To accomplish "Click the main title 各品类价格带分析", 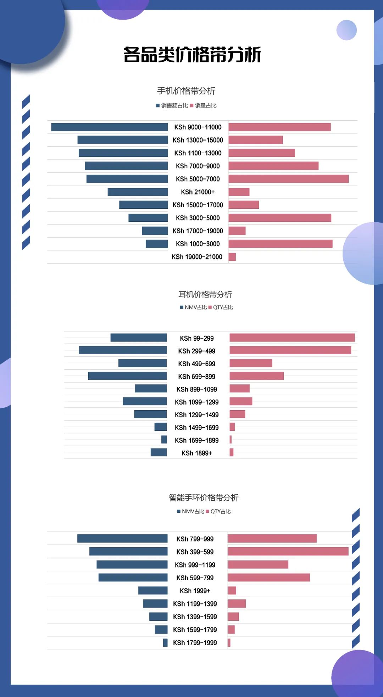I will (192, 55).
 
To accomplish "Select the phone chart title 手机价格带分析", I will (186, 91).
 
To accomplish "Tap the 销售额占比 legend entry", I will (172, 105).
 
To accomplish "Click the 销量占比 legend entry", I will (204, 105).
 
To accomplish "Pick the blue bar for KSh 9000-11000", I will (109, 127).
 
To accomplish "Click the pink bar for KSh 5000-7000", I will (288, 179).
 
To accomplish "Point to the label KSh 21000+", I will (198, 192).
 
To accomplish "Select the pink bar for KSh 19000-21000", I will (232, 257).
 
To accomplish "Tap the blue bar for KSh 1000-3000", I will (157, 244).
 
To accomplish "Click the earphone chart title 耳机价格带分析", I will (205, 294).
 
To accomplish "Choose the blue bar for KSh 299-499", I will (123, 351).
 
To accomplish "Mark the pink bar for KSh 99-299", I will (292, 338).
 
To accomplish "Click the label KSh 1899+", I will (196, 453).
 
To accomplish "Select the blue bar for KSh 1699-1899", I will (164, 440).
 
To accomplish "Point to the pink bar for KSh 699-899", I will (256, 376).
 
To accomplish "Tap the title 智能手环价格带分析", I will (204, 498).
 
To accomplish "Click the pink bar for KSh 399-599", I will (288, 551).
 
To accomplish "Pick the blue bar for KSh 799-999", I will (122, 539).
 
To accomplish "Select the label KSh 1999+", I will (195, 591).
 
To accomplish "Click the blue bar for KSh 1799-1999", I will (165, 643).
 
